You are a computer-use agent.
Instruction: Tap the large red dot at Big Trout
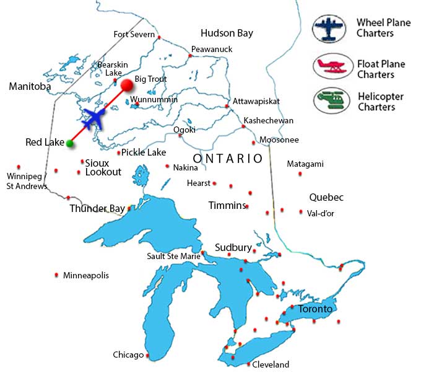(x=127, y=85)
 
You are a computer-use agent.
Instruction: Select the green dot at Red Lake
(x=70, y=144)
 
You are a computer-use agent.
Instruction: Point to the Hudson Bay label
(x=227, y=33)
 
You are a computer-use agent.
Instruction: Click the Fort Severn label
(x=134, y=34)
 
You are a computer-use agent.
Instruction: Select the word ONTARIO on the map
(x=228, y=159)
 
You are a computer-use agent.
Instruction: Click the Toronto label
(x=315, y=309)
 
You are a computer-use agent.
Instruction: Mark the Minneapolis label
(x=86, y=275)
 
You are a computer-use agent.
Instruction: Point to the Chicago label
(x=128, y=355)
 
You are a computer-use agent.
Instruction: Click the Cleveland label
(x=271, y=364)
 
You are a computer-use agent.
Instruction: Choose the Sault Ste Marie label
(x=173, y=256)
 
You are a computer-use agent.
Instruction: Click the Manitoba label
(x=30, y=87)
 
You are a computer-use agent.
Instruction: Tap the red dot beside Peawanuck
(x=190, y=56)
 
